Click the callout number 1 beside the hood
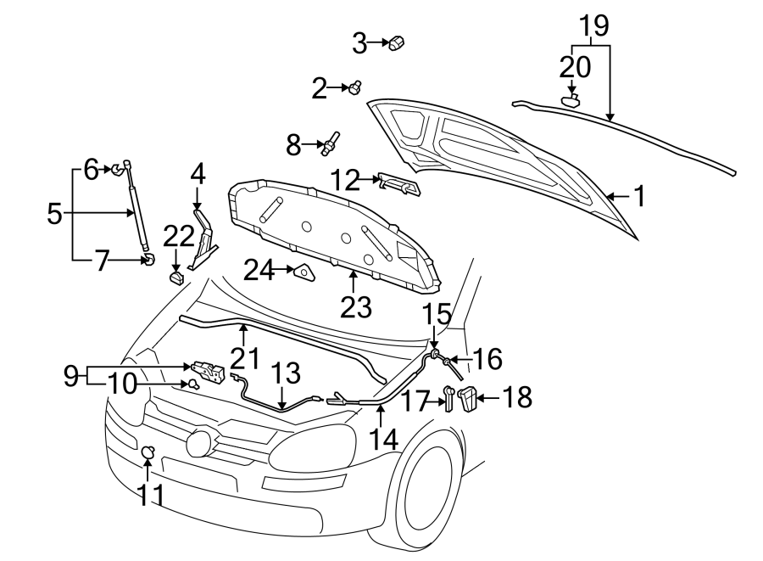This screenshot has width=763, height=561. (x=639, y=197)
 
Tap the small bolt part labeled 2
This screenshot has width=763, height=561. (x=356, y=87)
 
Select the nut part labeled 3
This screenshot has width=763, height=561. (x=397, y=42)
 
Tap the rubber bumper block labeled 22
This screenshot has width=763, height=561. (x=177, y=277)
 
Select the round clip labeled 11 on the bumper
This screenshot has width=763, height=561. (x=148, y=452)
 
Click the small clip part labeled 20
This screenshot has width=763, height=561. (x=572, y=101)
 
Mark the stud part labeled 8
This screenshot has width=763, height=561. (x=331, y=141)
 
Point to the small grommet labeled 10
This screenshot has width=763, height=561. (x=192, y=384)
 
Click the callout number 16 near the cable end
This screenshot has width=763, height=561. (x=487, y=359)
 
